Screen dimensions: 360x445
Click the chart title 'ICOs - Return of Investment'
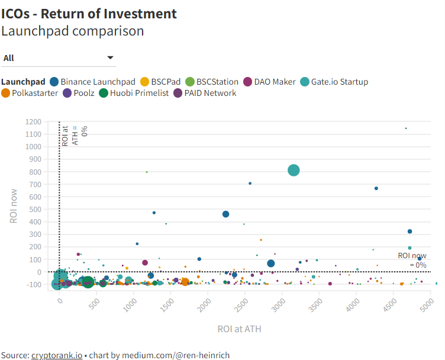pyautogui.click(x=89, y=13)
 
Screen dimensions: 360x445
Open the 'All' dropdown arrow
pyautogui.click(x=110, y=57)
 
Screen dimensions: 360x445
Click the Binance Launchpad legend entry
pyautogui.click(x=93, y=82)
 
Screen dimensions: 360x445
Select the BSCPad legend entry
pyautogui.click(x=160, y=82)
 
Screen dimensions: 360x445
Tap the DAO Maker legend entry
pyautogui.click(x=270, y=82)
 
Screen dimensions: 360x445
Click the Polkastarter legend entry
pyautogui.click(x=30, y=93)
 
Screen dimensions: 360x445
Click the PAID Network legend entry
pyautogui.click(x=205, y=93)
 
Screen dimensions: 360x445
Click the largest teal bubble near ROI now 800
pyautogui.click(x=294, y=171)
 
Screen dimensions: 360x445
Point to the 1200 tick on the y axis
pyautogui.click(x=34, y=121)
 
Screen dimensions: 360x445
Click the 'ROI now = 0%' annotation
pyautogui.click(x=412, y=260)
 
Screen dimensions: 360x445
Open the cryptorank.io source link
pyautogui.click(x=57, y=355)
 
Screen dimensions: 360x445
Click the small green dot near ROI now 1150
pyautogui.click(x=406, y=128)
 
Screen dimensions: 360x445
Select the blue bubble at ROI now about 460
pyautogui.click(x=225, y=214)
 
